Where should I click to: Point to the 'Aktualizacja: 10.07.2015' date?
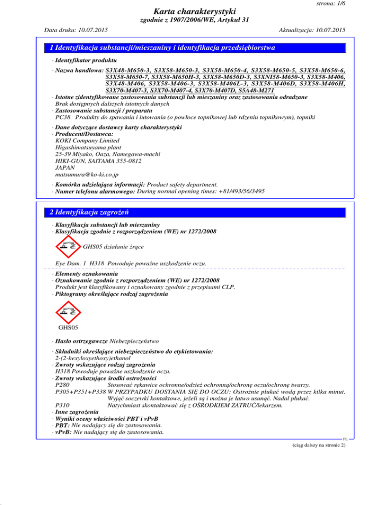pos(309,30)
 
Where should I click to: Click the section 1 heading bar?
pos(195,48)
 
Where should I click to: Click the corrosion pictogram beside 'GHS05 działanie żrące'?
pos(67,246)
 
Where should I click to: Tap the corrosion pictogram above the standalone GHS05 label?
pos(67,308)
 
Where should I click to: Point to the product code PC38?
pos(62,117)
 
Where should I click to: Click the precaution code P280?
pos(62,385)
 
